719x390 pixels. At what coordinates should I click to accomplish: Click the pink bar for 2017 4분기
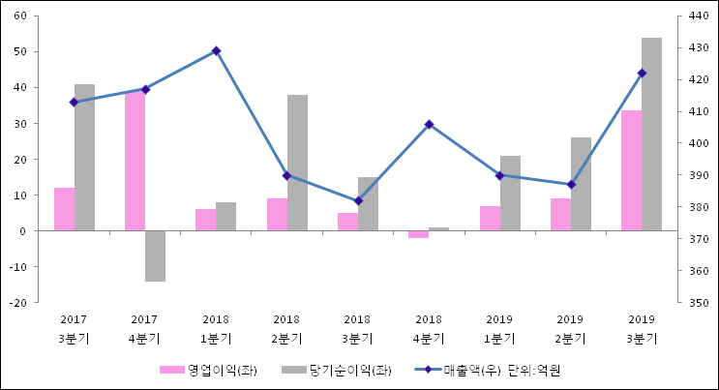coord(135,162)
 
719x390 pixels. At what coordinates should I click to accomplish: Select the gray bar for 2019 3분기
coord(651,135)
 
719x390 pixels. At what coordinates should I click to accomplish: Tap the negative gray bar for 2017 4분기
coord(155,255)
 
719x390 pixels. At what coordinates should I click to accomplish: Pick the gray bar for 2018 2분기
coord(297,163)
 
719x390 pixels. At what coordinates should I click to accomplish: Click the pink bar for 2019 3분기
coord(631,170)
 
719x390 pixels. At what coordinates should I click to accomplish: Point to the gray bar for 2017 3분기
coord(84,158)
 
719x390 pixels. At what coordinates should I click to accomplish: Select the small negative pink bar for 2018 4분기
coord(418,234)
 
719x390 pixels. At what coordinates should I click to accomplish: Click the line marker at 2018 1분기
coord(216,50)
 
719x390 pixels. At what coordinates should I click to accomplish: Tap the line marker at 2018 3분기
coord(358,201)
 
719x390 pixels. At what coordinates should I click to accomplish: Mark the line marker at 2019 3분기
coord(642,73)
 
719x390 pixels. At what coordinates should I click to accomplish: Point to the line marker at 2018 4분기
coord(429,124)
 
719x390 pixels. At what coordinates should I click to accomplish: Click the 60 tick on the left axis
coord(18,16)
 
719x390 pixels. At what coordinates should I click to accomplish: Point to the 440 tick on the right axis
coord(702,16)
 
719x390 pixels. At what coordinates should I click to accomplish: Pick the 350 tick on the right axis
coord(702,303)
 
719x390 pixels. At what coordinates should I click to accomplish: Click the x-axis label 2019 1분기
coord(499,328)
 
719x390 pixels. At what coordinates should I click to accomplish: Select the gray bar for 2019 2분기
coord(581,184)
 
